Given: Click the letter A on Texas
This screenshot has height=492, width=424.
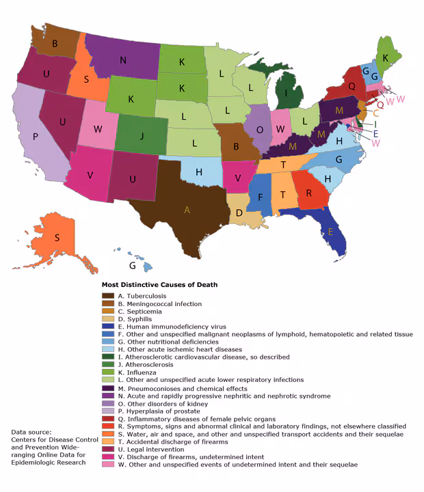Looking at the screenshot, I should click(187, 210).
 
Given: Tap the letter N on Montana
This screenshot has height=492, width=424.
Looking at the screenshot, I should click(122, 60).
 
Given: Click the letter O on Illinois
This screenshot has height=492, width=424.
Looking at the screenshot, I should click(259, 129).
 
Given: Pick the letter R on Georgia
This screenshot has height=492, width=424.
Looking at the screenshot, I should click(308, 193).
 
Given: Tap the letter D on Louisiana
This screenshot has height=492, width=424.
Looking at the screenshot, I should click(239, 213).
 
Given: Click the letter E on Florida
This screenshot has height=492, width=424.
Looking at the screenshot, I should click(330, 231).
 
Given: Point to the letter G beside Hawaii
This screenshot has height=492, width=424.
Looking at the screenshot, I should click(133, 264).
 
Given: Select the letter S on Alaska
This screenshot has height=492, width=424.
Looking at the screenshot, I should click(57, 238).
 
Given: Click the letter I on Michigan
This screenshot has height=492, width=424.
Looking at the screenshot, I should click(285, 93).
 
